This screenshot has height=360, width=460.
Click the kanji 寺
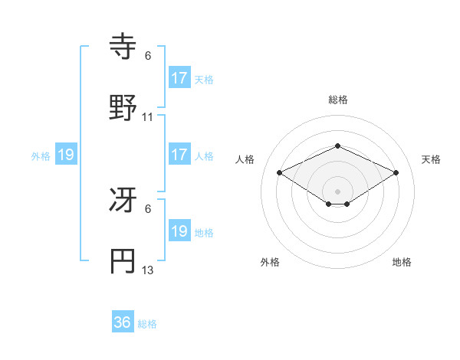[x=123, y=47]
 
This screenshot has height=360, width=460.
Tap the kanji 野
[x=123, y=108]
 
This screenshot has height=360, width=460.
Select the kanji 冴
[x=123, y=201]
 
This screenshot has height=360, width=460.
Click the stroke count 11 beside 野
[x=148, y=117]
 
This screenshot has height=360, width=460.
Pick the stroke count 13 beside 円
[x=148, y=270]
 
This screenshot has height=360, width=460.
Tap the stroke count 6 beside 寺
[x=148, y=56]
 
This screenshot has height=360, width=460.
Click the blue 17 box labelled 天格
[x=179, y=77]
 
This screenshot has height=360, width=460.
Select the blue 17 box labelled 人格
[x=179, y=155]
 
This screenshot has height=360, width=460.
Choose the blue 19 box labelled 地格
[x=179, y=231]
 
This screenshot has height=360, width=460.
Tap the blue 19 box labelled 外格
[x=66, y=155]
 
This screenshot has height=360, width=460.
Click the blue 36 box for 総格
[x=123, y=322]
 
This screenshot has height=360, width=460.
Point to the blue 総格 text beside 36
[x=148, y=324]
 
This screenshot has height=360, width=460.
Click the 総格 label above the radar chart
[x=337, y=100]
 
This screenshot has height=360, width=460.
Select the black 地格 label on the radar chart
[x=402, y=262]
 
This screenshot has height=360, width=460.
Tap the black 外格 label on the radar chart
[x=270, y=262]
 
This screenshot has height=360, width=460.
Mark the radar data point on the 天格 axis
[x=396, y=173]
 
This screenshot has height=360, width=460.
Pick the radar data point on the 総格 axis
[x=337, y=146]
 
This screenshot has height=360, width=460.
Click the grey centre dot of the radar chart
[x=337, y=191]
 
